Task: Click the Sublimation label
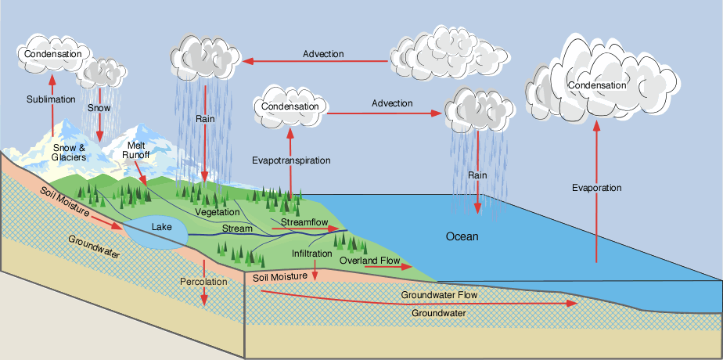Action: pyautogui.click(x=51, y=99)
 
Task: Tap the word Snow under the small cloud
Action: pyautogui.click(x=99, y=107)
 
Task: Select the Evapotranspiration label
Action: pyautogui.click(x=291, y=160)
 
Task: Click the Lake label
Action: pyautogui.click(x=161, y=227)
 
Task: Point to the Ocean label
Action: pyautogui.click(x=462, y=236)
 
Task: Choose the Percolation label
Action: pyautogui.click(x=203, y=281)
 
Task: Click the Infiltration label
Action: pyautogui.click(x=313, y=254)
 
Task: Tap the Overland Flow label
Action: pyautogui.click(x=370, y=260)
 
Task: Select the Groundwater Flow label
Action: pyautogui.click(x=439, y=295)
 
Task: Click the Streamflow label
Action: pyautogui.click(x=304, y=223)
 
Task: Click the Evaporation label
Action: pyautogui.click(x=596, y=188)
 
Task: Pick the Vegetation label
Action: pyautogui.click(x=218, y=213)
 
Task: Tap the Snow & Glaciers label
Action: pyautogui.click(x=69, y=152)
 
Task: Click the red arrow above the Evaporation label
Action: pyautogui.click(x=596, y=141)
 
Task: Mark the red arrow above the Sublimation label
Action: pyautogui.click(x=52, y=82)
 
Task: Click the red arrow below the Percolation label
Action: pyautogui.click(x=203, y=296)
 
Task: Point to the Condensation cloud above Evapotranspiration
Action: pyautogui.click(x=290, y=106)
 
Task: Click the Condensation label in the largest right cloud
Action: pyautogui.click(x=597, y=85)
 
